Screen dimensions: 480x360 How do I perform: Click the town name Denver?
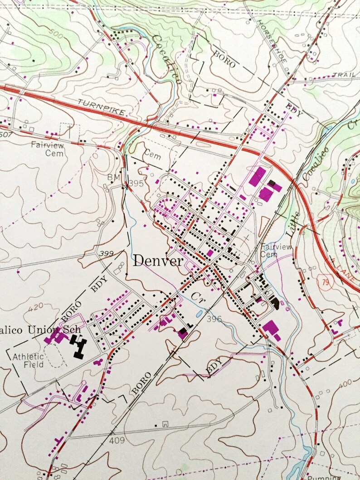tap(158, 261)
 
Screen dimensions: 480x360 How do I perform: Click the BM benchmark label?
tap(113, 177)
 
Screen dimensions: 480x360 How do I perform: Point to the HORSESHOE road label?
tap(271, 40)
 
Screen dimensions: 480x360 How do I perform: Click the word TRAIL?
tap(343, 75)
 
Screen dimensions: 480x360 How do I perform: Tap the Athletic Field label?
tap(28, 360)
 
